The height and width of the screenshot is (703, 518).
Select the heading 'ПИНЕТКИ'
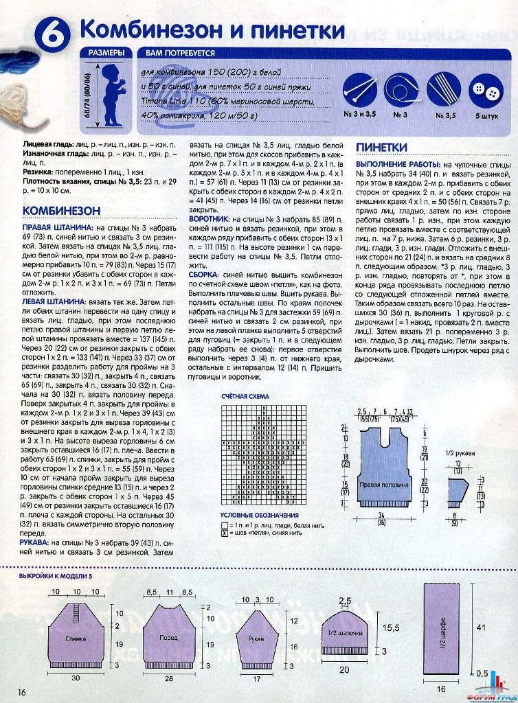tap(382, 148)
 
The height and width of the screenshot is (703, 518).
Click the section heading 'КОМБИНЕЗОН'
tap(62, 209)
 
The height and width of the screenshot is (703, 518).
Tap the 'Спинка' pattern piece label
tap(76, 638)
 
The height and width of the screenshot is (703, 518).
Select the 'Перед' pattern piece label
tap(168, 638)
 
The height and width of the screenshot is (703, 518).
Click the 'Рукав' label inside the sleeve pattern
tap(256, 638)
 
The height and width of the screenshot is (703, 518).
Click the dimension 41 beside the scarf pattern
tap(480, 627)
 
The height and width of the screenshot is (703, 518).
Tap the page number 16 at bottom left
tap(22, 691)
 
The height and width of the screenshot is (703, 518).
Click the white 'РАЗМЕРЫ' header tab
tap(106, 53)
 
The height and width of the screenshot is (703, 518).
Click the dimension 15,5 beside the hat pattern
tap(390, 627)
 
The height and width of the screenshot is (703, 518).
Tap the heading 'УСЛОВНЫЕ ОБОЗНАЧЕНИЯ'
tap(260, 515)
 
